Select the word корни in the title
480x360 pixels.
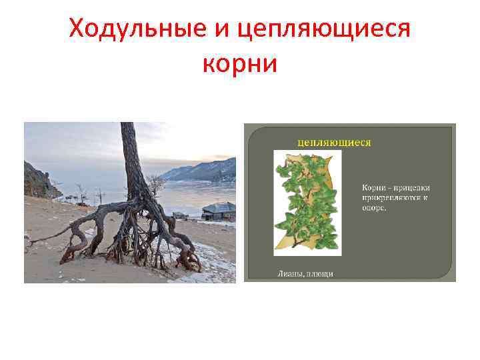click(x=239, y=65)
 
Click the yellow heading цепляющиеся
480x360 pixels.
click(x=334, y=141)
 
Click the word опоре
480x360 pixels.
click(x=375, y=207)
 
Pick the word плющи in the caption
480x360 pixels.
click(x=321, y=273)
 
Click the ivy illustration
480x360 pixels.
click(x=307, y=200)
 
